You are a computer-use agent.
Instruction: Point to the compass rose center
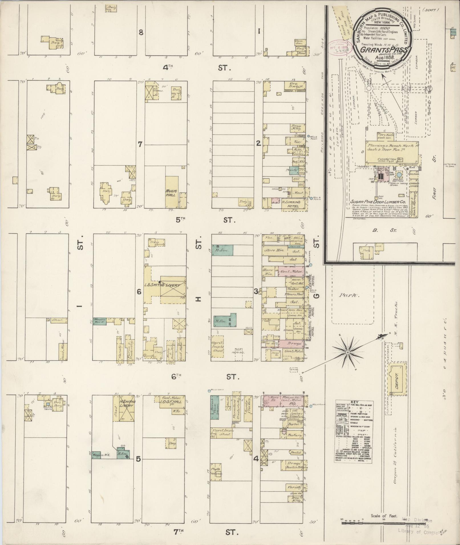click(x=348, y=353)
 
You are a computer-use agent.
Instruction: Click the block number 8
click(x=141, y=32)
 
